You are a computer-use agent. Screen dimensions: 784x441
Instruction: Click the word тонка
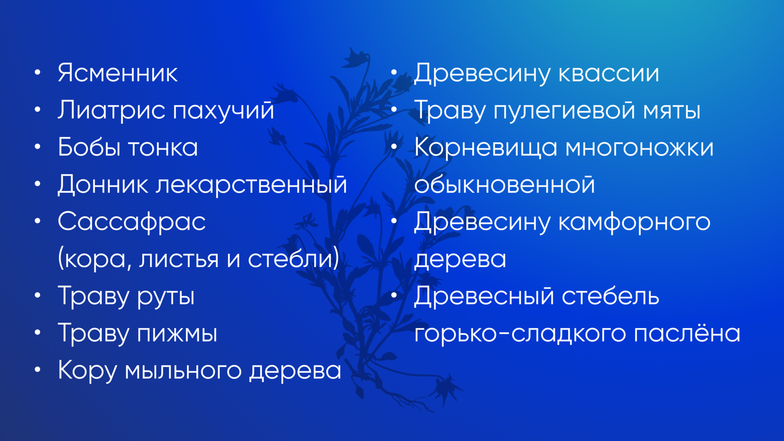163,147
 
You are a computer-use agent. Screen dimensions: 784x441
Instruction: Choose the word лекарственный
251,184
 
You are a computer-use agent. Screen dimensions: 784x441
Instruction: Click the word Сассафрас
132,222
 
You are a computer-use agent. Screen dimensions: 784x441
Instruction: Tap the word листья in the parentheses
179,259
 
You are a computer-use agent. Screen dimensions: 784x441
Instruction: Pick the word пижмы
177,334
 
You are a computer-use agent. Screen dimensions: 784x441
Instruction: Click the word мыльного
183,371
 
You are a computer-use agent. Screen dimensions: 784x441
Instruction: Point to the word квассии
609,74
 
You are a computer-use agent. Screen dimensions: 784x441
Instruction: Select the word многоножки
639,147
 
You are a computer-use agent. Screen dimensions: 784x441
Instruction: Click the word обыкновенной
504,184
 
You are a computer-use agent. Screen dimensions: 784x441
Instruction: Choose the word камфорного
634,222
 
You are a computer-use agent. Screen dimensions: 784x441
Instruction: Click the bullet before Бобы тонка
38,147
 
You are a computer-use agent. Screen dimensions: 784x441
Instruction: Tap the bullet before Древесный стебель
394,295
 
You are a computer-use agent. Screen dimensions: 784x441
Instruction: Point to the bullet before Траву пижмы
38,332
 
